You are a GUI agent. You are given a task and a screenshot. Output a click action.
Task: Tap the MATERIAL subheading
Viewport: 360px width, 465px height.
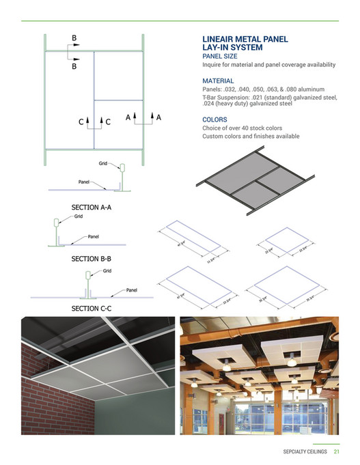click(x=218, y=81)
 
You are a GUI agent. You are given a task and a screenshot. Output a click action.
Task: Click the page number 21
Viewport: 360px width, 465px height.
click(x=337, y=451)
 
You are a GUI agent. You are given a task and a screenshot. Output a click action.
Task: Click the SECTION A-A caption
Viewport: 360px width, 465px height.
click(x=92, y=206)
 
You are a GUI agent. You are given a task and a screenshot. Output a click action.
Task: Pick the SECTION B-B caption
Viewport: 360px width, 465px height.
click(x=92, y=259)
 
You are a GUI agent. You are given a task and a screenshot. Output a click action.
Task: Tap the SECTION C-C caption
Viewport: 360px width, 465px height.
click(x=92, y=309)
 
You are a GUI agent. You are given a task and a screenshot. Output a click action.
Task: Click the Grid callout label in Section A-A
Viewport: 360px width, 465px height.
click(x=102, y=164)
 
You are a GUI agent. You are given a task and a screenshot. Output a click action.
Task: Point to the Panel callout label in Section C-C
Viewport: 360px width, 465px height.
click(x=133, y=290)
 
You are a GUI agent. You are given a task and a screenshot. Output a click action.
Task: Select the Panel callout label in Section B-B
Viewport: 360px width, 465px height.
click(x=94, y=236)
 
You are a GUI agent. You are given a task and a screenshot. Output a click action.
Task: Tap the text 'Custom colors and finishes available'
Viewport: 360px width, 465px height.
click(x=251, y=137)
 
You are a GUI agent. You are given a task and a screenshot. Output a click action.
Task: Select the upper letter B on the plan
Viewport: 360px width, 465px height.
click(x=74, y=38)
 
